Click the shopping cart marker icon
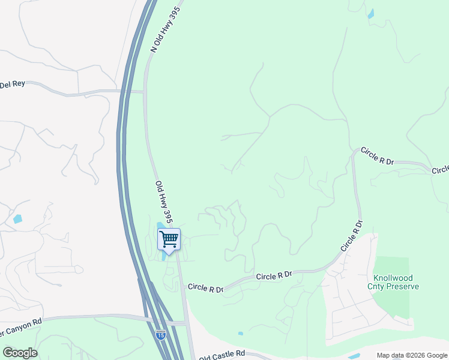point(169,239)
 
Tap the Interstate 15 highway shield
point(160,335)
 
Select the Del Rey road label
point(13,84)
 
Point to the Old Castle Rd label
point(222,355)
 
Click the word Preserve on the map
point(403,287)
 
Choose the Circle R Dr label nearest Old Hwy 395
point(205,288)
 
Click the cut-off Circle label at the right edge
point(440,170)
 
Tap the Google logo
point(20,353)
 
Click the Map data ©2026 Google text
point(411,355)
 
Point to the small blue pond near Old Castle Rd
point(240,334)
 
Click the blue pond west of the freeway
point(17,219)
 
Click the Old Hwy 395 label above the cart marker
point(164,202)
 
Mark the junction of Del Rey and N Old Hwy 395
point(144,92)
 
